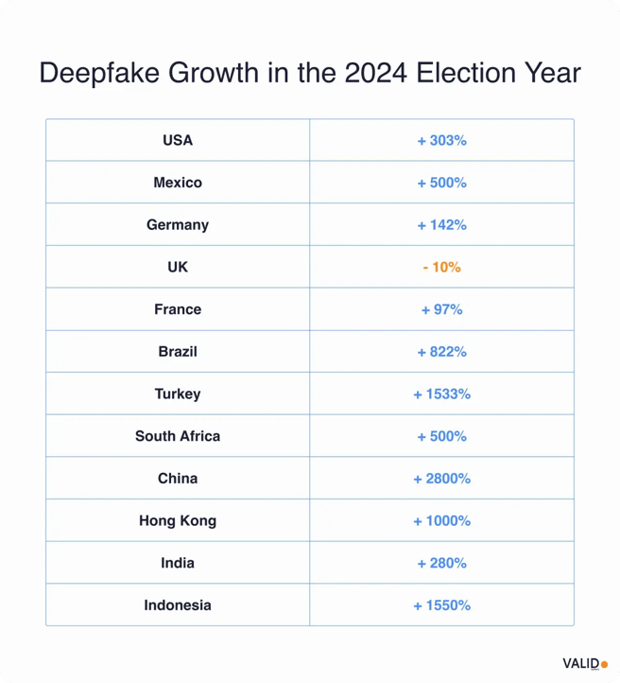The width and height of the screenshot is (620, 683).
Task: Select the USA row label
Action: pyautogui.click(x=178, y=140)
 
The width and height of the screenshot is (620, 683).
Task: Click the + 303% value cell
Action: pyautogui.click(x=441, y=140)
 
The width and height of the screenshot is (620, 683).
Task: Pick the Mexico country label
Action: pyautogui.click(x=178, y=183)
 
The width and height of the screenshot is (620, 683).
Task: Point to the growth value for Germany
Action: pyautogui.click(x=441, y=225)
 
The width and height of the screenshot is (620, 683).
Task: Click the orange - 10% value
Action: pyautogui.click(x=441, y=268)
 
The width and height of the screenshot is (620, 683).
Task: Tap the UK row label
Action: pyautogui.click(x=178, y=268)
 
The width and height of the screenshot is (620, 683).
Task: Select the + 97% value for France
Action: pyautogui.click(x=441, y=309)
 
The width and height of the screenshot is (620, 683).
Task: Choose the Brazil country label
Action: pyautogui.click(x=178, y=352)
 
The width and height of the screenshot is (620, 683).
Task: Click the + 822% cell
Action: pyautogui.click(x=441, y=352)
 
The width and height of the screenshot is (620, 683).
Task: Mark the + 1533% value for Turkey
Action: pyautogui.click(x=441, y=394)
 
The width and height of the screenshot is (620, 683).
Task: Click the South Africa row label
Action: pyautogui.click(x=178, y=436)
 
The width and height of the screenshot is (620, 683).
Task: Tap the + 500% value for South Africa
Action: pyautogui.click(x=441, y=436)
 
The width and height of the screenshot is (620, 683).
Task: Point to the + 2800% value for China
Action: pyautogui.click(x=441, y=479)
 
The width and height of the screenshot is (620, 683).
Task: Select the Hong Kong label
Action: pyautogui.click(x=178, y=521)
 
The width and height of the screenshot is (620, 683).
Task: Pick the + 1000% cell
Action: pyautogui.click(x=441, y=521)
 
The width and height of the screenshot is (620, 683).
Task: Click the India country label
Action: pyautogui.click(x=178, y=563)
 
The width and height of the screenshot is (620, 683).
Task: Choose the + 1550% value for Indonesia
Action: pyautogui.click(x=441, y=605)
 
